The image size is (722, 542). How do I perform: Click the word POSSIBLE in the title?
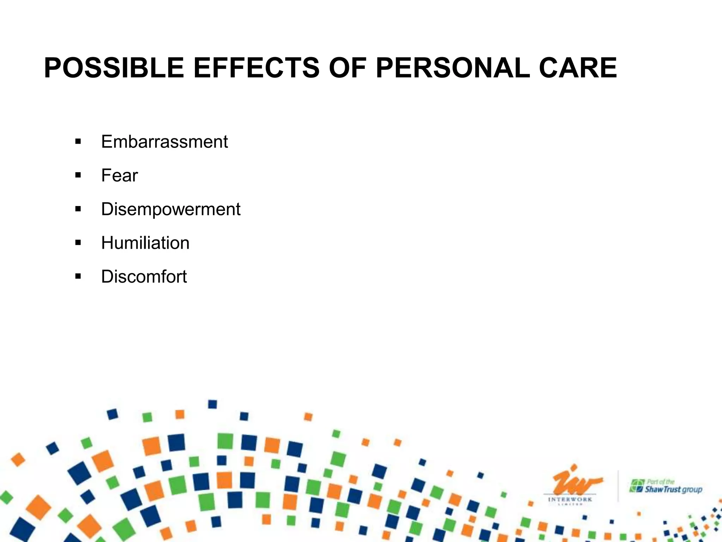[114, 68]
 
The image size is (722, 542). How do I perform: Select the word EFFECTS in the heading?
[256, 68]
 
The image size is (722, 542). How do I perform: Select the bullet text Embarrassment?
[164, 142]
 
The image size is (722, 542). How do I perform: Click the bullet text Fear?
[120, 175]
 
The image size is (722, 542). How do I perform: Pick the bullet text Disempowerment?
[171, 209]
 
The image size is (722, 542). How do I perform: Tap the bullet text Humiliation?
[145, 243]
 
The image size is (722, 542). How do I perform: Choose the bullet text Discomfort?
[144, 277]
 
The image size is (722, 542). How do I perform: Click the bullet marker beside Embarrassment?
[78, 142]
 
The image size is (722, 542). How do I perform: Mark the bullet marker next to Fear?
[78, 176]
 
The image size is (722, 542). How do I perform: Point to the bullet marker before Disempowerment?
[78, 209]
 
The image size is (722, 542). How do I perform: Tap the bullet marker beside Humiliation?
[78, 243]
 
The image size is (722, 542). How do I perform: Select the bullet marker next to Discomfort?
[78, 277]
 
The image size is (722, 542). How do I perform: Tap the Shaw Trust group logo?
[666, 487]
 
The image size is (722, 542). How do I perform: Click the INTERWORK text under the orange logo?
[570, 500]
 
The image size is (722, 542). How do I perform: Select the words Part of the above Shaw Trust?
[661, 482]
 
